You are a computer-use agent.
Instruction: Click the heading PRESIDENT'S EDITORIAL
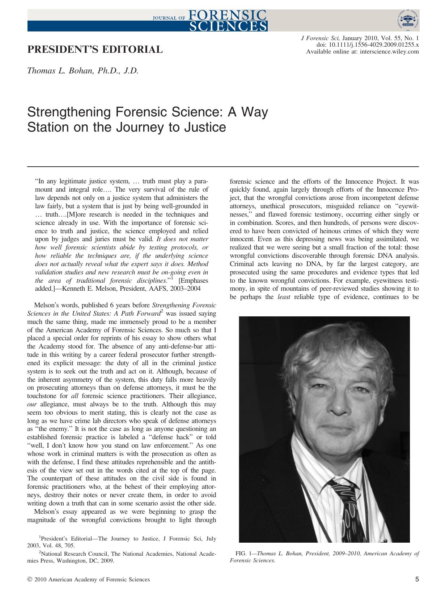95,50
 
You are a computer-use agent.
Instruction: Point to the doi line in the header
368,45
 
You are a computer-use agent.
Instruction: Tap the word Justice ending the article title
205,127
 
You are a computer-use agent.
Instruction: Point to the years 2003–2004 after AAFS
185,289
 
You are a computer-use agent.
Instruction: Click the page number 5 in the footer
417,580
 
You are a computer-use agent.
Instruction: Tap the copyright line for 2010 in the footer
88,580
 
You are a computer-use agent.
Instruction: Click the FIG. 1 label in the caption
243,554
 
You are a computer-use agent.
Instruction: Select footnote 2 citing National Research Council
122,557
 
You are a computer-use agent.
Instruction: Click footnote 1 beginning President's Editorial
122,542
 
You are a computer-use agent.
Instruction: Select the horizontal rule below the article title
223,167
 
